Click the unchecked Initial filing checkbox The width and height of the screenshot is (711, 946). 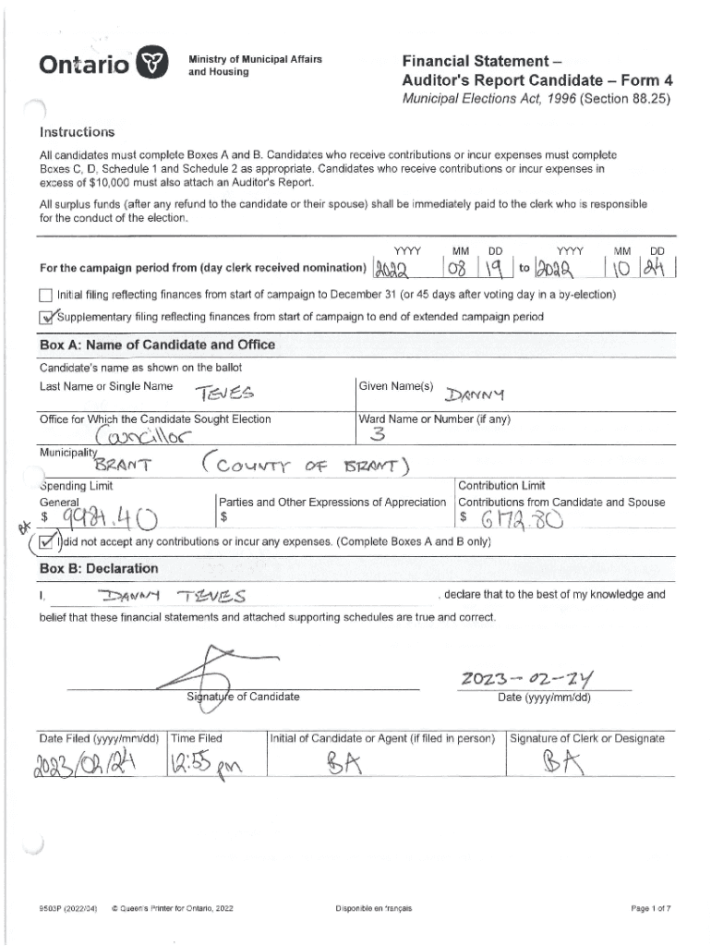(45, 296)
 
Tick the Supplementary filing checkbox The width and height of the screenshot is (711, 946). (46, 317)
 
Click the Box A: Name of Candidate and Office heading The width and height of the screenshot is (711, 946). (157, 345)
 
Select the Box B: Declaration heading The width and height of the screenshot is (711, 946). (99, 568)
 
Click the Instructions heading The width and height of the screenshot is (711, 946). (77, 132)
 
